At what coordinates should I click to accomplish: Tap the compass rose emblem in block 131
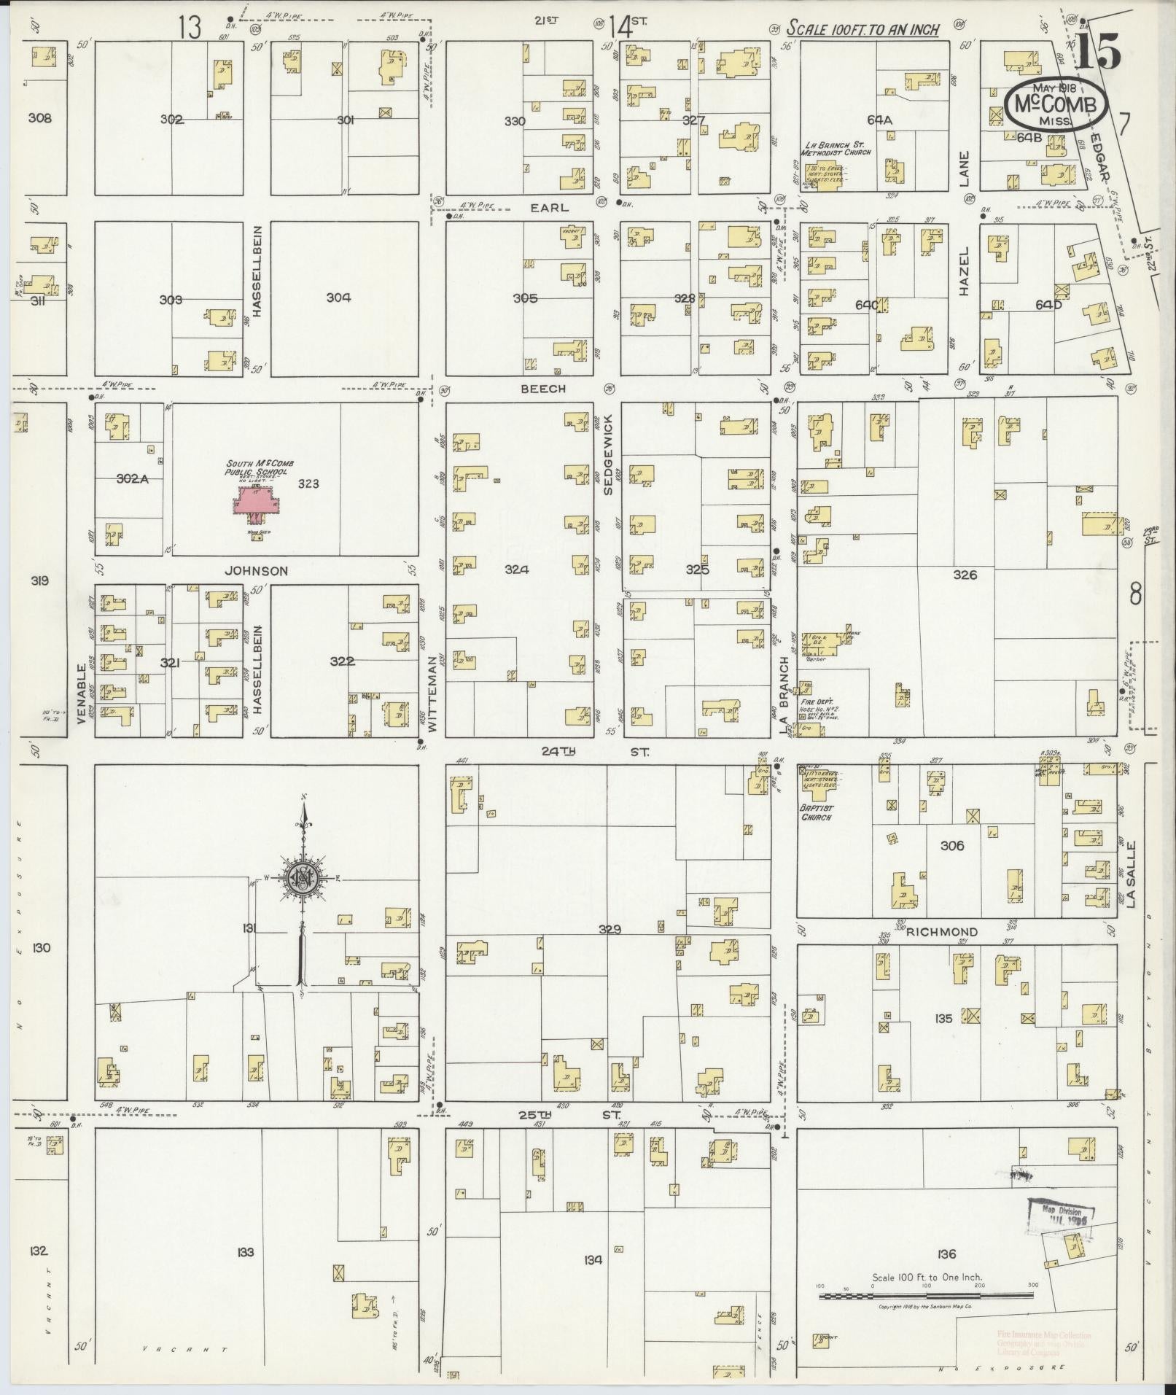point(301,878)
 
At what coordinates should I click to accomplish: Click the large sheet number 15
point(1097,51)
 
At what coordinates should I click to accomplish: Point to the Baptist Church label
point(816,812)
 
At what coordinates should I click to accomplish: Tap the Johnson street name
point(256,572)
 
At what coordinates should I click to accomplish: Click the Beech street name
point(542,389)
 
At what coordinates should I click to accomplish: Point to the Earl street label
point(549,208)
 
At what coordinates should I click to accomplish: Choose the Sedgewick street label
point(607,456)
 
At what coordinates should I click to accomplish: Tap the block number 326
point(964,575)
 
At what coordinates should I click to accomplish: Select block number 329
point(610,930)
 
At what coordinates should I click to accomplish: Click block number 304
point(338,298)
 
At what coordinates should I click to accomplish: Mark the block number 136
point(946,1254)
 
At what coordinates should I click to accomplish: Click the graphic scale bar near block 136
point(926,1297)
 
